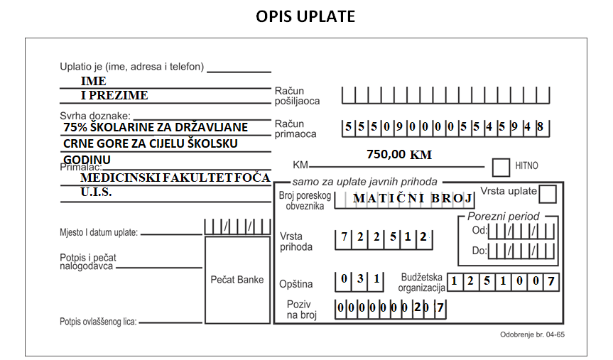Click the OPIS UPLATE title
click(x=305, y=16)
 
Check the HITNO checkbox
click(x=501, y=168)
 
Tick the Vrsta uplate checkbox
click(x=548, y=194)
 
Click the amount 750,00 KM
click(x=399, y=154)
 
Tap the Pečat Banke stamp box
click(x=237, y=280)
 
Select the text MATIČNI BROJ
click(x=413, y=198)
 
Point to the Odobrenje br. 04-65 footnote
click(x=532, y=334)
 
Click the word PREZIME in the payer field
click(x=119, y=95)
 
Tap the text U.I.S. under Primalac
click(x=96, y=192)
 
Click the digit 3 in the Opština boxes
click(x=360, y=278)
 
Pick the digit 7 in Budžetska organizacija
click(x=550, y=281)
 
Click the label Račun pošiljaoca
click(x=297, y=96)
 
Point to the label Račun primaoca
click(x=295, y=129)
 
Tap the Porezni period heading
click(x=503, y=216)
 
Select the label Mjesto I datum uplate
click(x=99, y=233)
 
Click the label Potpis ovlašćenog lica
click(x=98, y=322)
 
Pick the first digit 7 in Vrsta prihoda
click(x=344, y=236)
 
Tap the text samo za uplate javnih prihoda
click(x=365, y=182)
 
